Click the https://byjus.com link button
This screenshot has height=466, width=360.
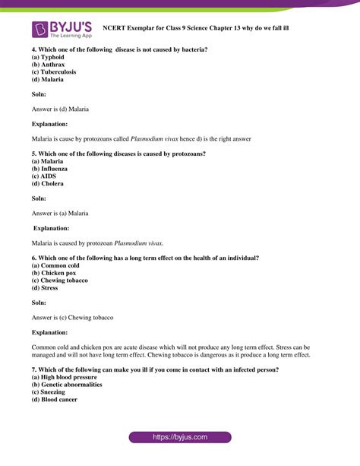tap(179, 437)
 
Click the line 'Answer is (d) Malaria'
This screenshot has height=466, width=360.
tap(61, 109)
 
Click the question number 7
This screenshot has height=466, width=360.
tap(33, 369)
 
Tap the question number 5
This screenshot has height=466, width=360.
tap(33, 154)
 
